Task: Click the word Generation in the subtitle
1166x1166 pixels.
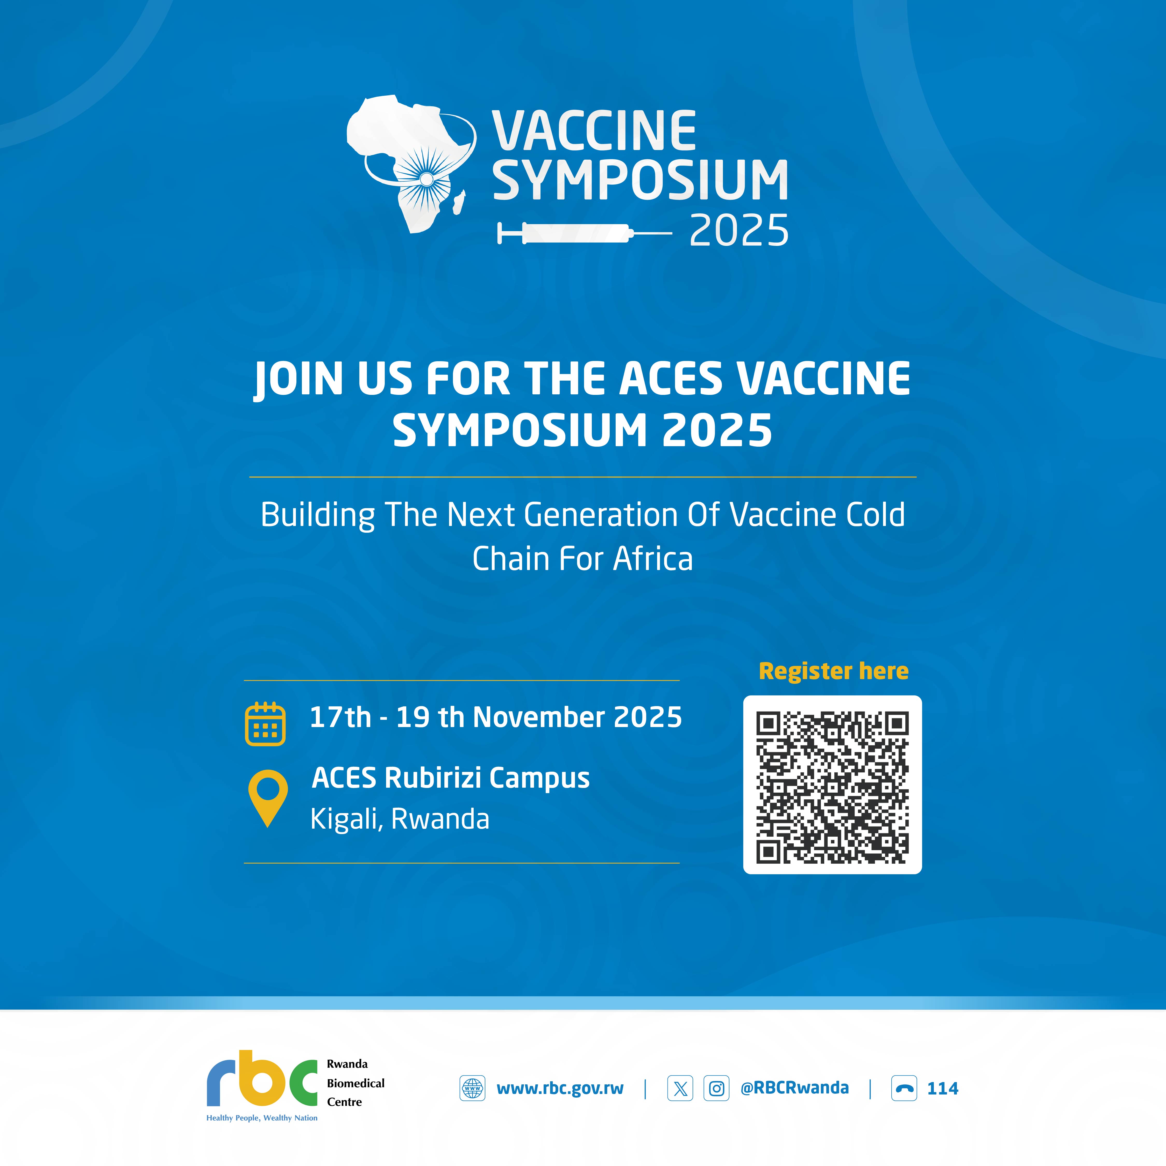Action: tap(601, 515)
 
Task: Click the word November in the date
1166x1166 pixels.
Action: tap(539, 717)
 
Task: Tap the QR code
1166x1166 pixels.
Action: tap(832, 785)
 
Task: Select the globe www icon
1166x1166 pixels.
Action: tap(473, 1088)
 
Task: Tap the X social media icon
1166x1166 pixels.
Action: tap(680, 1088)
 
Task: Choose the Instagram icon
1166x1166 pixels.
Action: tap(716, 1088)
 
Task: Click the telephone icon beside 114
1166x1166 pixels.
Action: tap(904, 1088)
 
